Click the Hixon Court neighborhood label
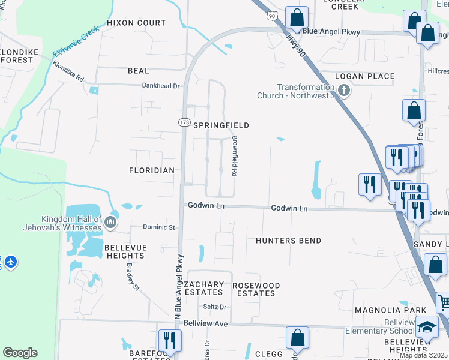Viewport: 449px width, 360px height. point(136,23)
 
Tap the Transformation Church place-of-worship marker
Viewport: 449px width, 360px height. point(343,91)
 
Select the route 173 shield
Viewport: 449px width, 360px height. point(184,122)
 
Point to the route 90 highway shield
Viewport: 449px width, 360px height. point(273,16)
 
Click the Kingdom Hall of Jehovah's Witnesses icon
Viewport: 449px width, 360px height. point(110,223)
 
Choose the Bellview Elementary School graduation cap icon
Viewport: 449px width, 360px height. point(427,327)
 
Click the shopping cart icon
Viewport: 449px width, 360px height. point(444,302)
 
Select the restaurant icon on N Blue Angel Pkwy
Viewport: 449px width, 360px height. point(169,340)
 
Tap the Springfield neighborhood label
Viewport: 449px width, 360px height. point(220,125)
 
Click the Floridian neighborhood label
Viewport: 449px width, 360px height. point(152,170)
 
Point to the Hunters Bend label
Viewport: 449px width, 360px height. point(288,241)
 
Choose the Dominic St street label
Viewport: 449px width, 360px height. point(158,227)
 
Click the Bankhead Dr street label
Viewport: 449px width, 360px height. point(161,86)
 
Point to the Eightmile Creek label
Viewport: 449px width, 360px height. point(75,41)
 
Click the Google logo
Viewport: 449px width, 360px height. point(20,353)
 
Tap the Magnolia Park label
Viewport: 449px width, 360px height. point(382,310)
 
